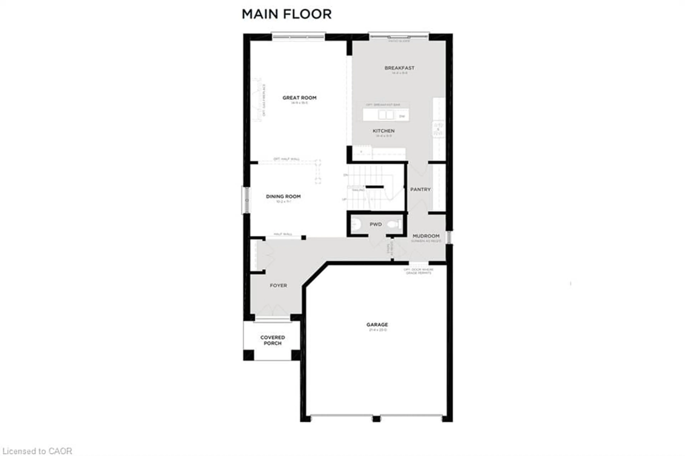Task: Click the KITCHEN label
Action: (x=384, y=131)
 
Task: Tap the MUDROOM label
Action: (x=426, y=236)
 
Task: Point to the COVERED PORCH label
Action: (x=272, y=340)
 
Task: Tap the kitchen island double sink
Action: (x=386, y=115)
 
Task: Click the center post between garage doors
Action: (x=376, y=419)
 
